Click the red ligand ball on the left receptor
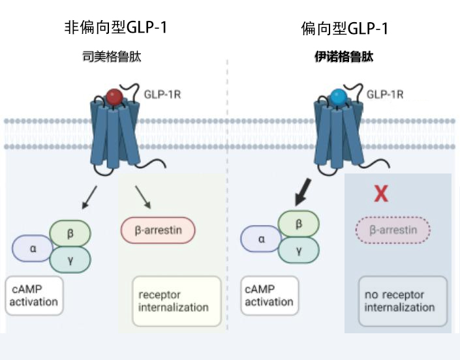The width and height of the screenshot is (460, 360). (x=114, y=97)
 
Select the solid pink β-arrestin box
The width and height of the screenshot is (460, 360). (x=158, y=230)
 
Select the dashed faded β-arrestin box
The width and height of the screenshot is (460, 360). (x=393, y=230)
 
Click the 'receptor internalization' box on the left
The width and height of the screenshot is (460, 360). (x=173, y=301)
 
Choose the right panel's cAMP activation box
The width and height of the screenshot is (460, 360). (x=269, y=295)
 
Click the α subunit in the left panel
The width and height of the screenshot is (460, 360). (x=33, y=248)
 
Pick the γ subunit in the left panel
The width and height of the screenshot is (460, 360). (x=70, y=260)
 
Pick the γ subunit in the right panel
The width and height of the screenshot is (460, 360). (x=298, y=250)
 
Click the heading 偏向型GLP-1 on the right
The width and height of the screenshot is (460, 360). (x=345, y=28)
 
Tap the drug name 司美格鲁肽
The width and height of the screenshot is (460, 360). (x=112, y=57)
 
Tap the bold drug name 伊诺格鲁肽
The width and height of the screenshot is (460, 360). (x=344, y=57)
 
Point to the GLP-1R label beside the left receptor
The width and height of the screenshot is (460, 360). (x=162, y=95)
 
